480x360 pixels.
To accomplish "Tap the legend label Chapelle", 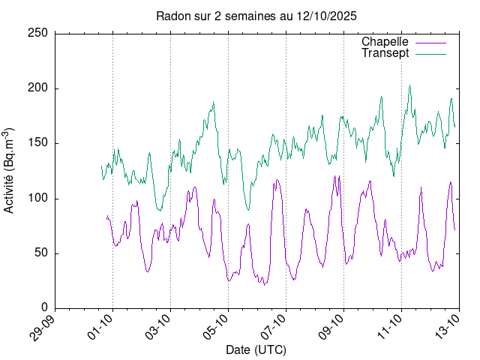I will [x=384, y=42].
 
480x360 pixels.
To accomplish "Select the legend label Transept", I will [x=385, y=53].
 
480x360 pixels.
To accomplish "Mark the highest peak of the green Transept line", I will [x=409, y=85].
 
